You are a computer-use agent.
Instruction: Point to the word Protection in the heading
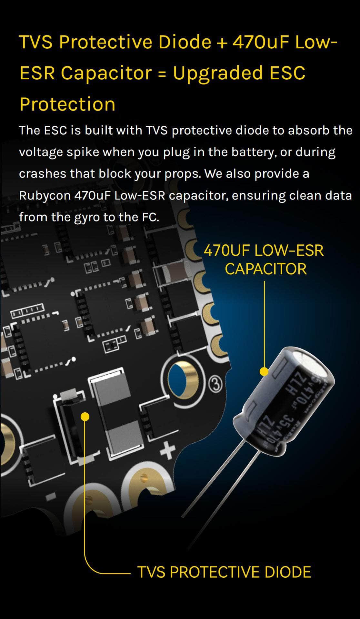click(67, 104)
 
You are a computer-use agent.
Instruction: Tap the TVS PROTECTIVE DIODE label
click(224, 572)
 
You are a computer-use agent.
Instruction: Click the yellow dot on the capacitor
click(264, 372)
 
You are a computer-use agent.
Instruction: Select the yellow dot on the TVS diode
click(85, 417)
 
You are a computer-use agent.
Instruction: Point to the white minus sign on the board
click(50, 497)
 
